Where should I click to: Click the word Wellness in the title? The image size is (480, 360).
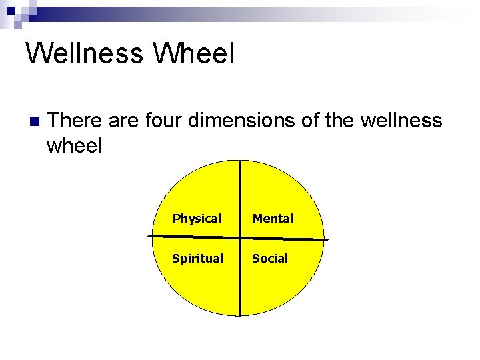pos(83,53)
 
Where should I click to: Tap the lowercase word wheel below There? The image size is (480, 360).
pos(74,145)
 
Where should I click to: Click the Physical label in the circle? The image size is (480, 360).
pos(197,219)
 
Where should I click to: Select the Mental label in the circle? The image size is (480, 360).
pos(273,219)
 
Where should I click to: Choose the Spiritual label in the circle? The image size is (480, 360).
pos(197,259)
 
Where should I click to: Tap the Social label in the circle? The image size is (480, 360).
pos(270,259)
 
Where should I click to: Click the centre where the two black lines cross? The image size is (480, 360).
pos(240,237)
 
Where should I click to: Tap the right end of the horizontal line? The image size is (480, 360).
pos(327,239)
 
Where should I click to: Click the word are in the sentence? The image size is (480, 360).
pos(121,120)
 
